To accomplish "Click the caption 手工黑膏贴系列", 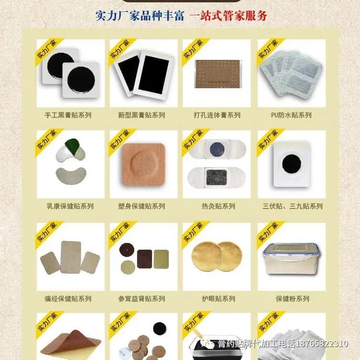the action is pyautogui.click(x=68, y=115).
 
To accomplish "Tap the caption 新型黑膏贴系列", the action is pyautogui.click(x=142, y=115).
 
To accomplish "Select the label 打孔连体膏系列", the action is pyautogui.click(x=217, y=115).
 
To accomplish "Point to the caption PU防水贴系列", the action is pyautogui.click(x=291, y=115).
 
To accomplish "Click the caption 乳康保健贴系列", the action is pyautogui.click(x=70, y=206).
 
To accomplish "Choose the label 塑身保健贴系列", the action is pyautogui.click(x=142, y=206).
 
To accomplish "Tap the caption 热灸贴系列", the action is pyautogui.click(x=218, y=206).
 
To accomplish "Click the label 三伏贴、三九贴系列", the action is pyautogui.click(x=292, y=206).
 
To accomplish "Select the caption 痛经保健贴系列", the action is pyautogui.click(x=68, y=299).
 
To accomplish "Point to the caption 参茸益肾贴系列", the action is pyautogui.click(x=142, y=299).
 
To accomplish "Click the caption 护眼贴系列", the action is pyautogui.click(x=218, y=299).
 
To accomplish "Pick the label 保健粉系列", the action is pyautogui.click(x=292, y=299).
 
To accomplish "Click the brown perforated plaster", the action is pyautogui.click(x=218, y=74).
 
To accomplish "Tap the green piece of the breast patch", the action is pyautogui.click(x=72, y=145).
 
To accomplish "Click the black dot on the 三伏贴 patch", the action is pyautogui.click(x=291, y=164).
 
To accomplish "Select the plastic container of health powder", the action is pyautogui.click(x=291, y=258).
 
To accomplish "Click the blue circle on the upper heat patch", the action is pyautogui.click(x=217, y=149).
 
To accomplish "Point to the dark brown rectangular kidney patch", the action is pyautogui.click(x=144, y=259).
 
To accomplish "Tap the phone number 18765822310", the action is pyautogui.click(x=322, y=344).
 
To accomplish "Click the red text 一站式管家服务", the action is pyautogui.click(x=228, y=16).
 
